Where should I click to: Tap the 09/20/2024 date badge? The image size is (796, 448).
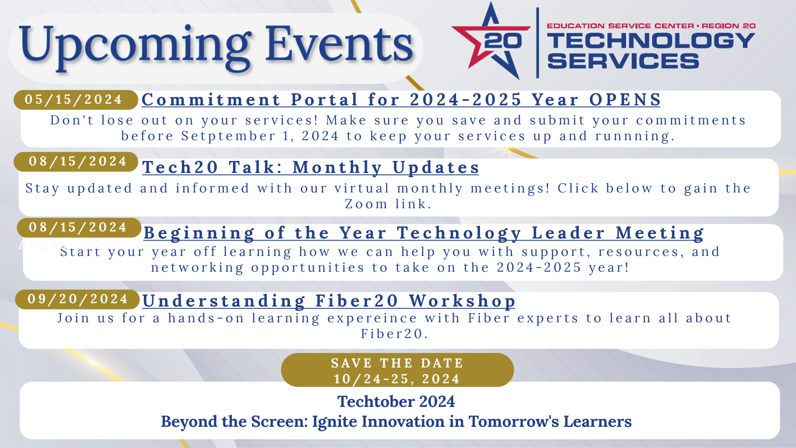click(77, 299)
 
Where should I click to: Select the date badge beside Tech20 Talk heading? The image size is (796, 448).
click(76, 161)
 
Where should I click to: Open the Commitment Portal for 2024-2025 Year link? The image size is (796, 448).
click(400, 100)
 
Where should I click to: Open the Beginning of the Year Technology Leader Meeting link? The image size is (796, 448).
click(423, 233)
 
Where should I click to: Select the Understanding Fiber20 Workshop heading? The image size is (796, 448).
click(328, 301)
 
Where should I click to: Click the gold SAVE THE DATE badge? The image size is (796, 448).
click(397, 370)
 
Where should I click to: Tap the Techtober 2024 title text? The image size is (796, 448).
click(396, 402)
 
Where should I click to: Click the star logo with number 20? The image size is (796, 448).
click(492, 41)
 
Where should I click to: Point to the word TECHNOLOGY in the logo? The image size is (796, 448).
click(650, 41)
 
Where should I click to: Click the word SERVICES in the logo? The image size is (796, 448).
click(623, 61)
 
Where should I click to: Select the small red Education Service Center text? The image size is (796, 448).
click(620, 26)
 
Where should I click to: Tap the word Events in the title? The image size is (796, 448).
click(339, 44)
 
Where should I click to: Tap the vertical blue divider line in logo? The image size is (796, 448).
click(537, 43)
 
